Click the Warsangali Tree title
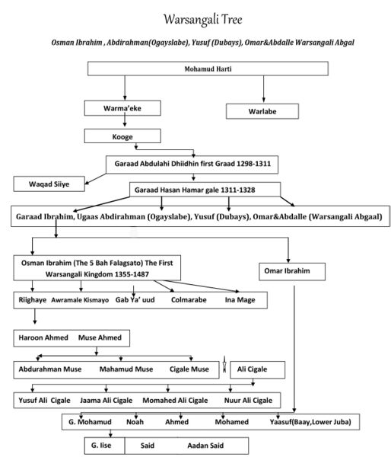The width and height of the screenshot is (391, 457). tap(202, 20)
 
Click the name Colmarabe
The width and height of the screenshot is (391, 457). tap(189, 300)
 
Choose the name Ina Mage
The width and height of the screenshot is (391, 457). tap(240, 300)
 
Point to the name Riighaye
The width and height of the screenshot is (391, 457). tap(32, 300)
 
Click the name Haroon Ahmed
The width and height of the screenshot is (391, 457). tap(43, 337)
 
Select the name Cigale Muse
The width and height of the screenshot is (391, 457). tap(189, 369)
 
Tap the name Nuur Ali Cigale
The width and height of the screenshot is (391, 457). tap(248, 401)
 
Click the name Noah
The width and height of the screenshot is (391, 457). tap(135, 422)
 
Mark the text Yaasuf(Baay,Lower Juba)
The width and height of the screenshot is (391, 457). tap(310, 422)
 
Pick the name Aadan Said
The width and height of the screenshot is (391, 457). tap(205, 446)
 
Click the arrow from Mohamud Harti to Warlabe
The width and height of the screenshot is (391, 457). tap(263, 89)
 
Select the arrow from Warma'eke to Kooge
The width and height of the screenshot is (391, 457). tap(125, 121)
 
